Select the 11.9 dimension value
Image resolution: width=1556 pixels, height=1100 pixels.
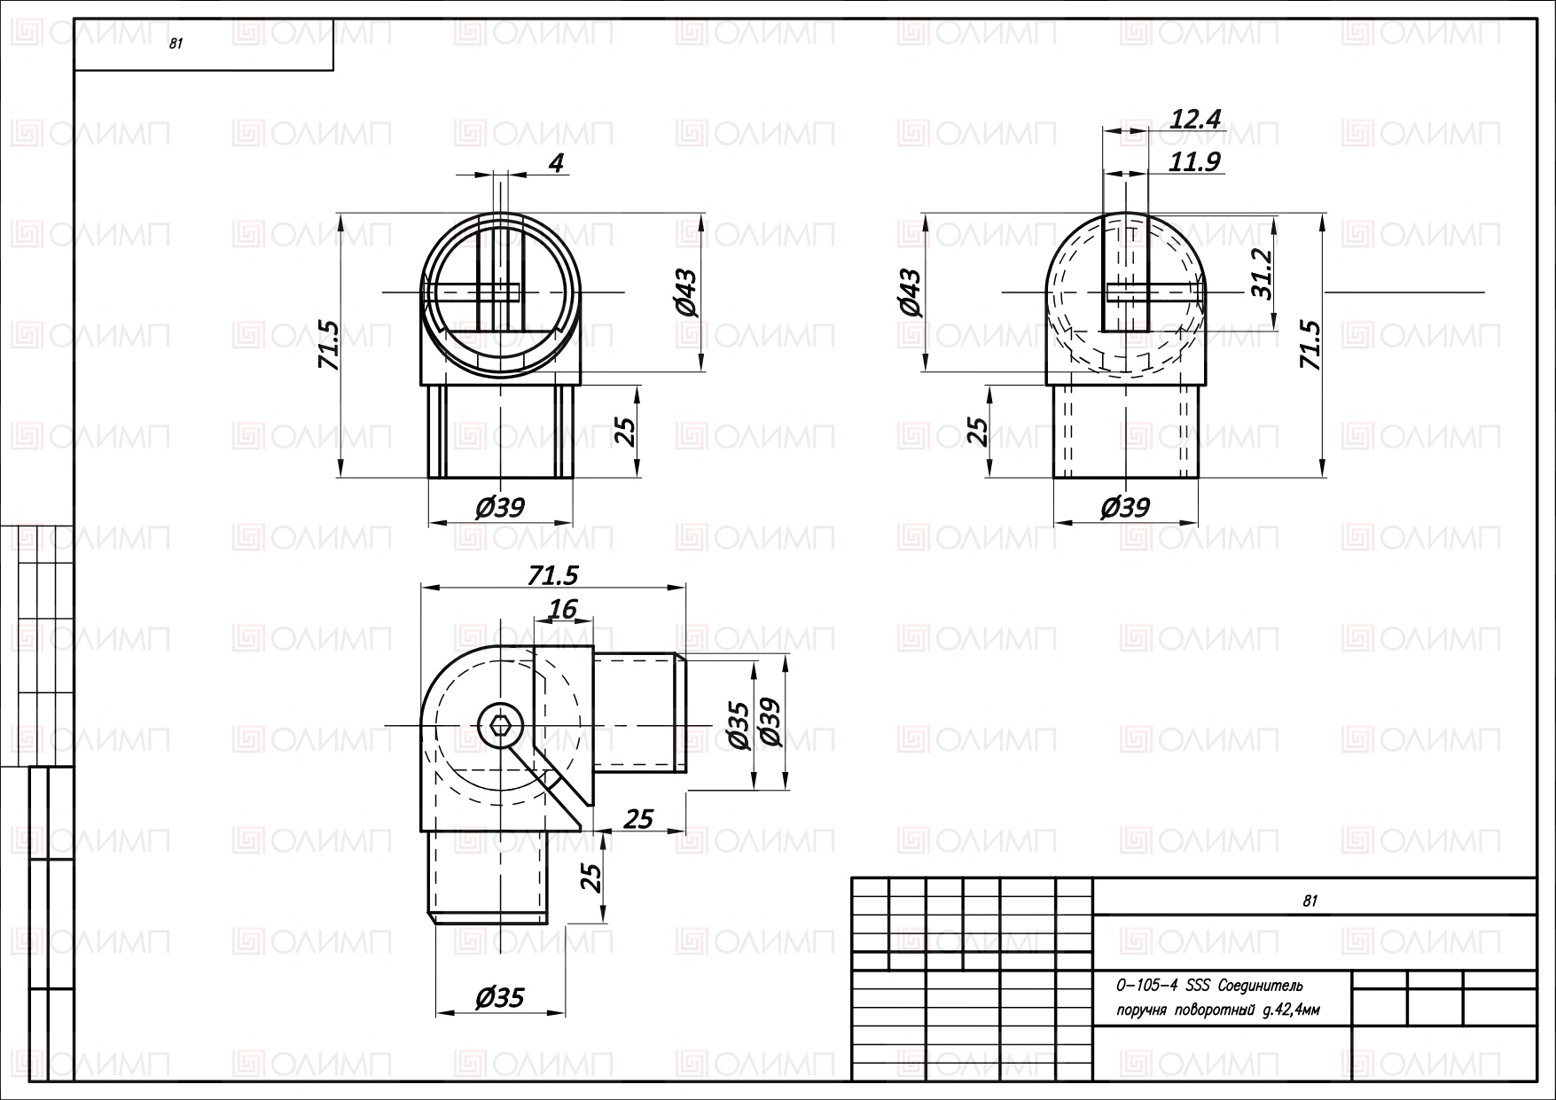coord(1194,162)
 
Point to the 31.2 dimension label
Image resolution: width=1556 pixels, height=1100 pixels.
coord(1263,273)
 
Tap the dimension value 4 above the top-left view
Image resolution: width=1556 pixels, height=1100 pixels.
coord(556,163)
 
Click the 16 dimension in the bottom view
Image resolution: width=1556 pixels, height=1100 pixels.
coord(563,609)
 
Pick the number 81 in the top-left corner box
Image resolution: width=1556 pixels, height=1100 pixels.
coord(176,45)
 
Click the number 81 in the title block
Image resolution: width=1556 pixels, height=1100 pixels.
coord(1310,901)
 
